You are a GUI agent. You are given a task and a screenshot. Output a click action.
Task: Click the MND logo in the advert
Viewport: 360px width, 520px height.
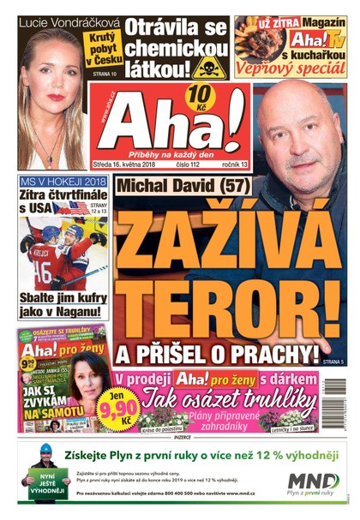coord(312,482)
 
